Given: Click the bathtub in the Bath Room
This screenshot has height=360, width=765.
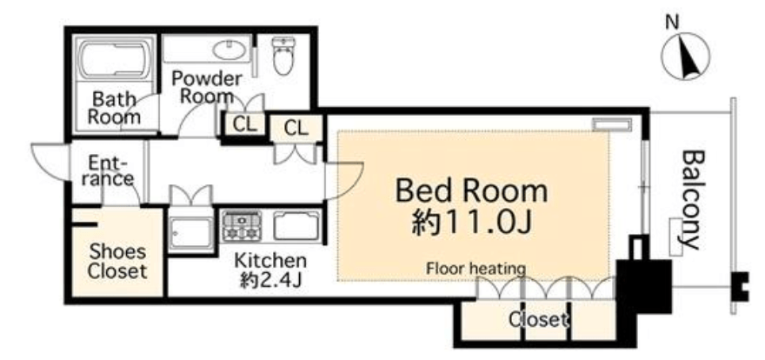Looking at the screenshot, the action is click(x=116, y=60).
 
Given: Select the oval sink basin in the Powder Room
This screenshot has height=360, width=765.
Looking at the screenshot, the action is click(x=230, y=50).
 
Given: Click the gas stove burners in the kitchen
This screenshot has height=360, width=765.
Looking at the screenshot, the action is click(x=242, y=225).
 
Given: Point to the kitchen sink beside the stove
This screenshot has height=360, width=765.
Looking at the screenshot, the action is click(x=296, y=225).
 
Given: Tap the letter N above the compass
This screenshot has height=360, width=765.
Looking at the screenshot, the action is click(x=672, y=22).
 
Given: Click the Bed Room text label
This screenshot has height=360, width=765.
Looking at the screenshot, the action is click(x=471, y=190).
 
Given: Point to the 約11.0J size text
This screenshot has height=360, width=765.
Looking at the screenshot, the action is click(x=471, y=222).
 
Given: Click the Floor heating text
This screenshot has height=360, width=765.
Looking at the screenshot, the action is click(x=476, y=268).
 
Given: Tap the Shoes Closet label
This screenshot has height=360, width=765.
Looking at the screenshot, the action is click(x=117, y=262).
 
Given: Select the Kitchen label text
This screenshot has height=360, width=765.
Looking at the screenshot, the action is click(x=270, y=261).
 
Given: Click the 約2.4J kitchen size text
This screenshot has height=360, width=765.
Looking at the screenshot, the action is click(x=269, y=281).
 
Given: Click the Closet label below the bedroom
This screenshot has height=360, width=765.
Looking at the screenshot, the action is click(x=539, y=320).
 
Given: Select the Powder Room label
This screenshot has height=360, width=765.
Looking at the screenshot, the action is click(x=206, y=87).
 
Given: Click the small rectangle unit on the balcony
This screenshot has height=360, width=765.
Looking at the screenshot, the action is click(x=675, y=237).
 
